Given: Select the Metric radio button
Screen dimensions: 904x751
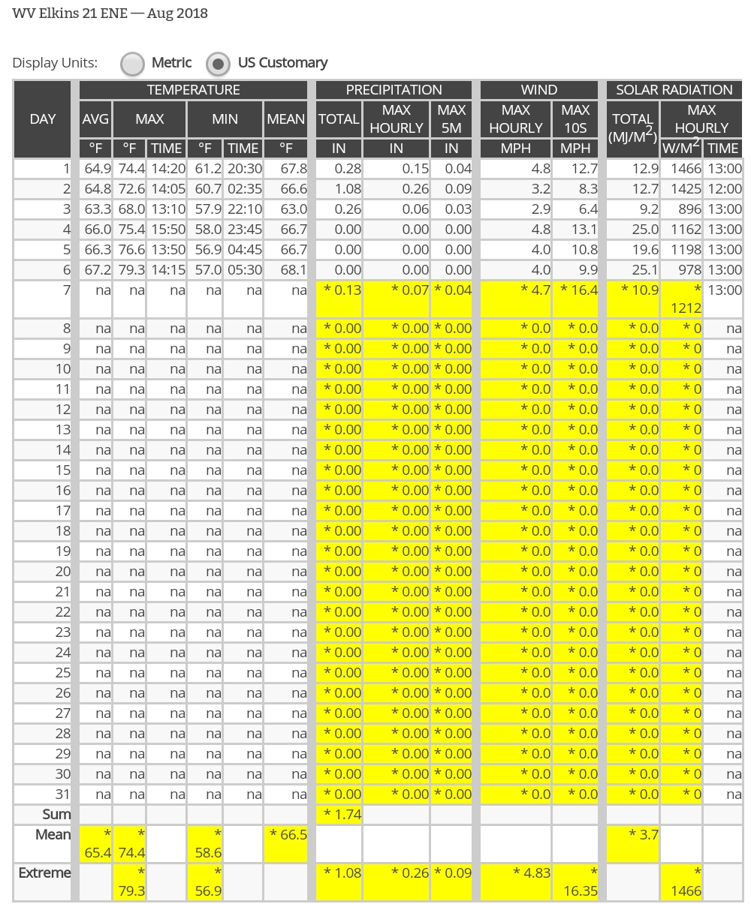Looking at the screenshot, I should coord(133,64).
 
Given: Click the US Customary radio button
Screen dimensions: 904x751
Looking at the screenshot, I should coord(218,64).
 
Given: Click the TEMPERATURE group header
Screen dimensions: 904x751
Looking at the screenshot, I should coord(193,90).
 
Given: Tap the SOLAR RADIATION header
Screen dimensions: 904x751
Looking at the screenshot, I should coord(674,90).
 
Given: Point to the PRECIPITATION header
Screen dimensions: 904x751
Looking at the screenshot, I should coord(394,90).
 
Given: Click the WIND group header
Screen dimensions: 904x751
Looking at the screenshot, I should coord(538,90).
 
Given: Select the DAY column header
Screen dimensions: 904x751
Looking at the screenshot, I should coord(42,119).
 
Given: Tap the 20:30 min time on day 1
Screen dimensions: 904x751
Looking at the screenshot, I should coord(243,169).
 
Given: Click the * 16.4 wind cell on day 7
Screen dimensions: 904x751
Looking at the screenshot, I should coord(576,290).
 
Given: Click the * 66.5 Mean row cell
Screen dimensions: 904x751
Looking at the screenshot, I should coord(285,835).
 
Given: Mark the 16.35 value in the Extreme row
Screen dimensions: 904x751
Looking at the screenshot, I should coord(575,890).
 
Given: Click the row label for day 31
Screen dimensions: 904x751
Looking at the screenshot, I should coord(62,794).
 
